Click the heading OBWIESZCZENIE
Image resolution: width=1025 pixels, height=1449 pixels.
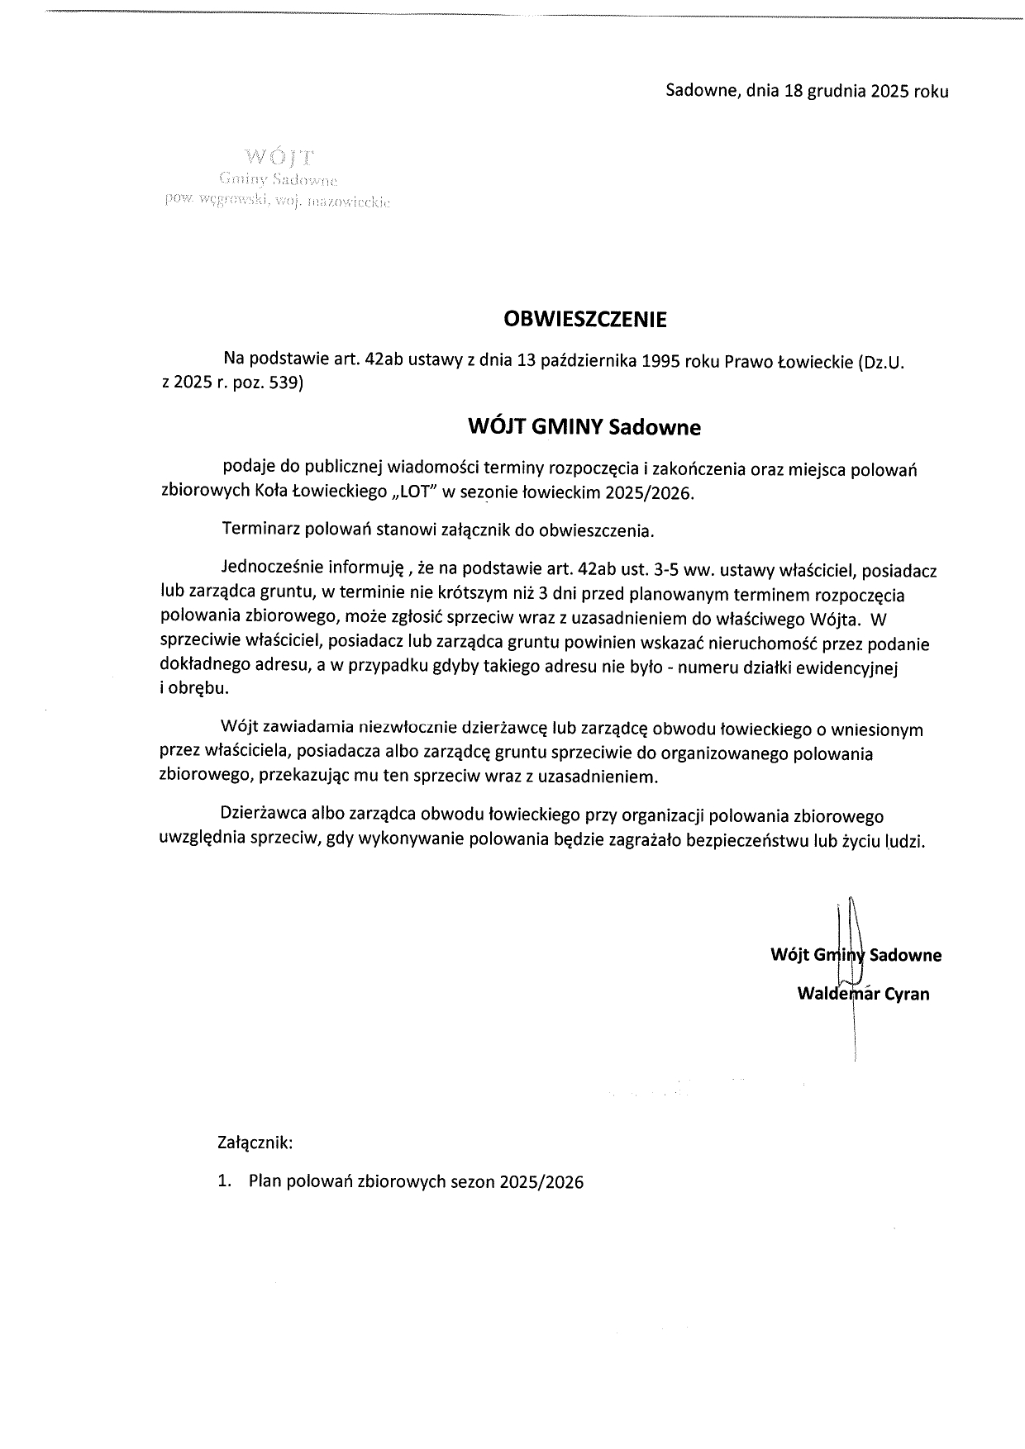click(585, 319)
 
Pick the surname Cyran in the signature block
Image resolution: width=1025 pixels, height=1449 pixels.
click(907, 994)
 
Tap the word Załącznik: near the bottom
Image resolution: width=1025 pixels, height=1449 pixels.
click(255, 1144)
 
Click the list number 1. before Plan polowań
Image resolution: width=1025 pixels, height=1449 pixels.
click(224, 1182)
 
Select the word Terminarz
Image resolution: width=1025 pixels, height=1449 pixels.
click(259, 530)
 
